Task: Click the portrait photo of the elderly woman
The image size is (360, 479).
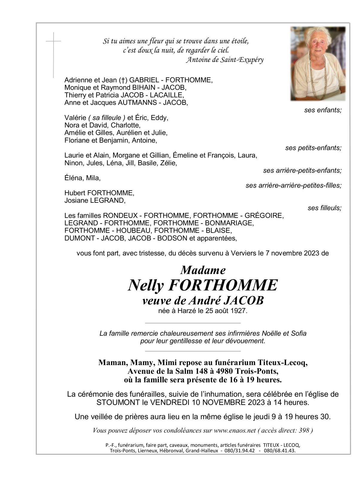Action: click(318, 63)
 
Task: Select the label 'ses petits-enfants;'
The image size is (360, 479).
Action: click(313, 148)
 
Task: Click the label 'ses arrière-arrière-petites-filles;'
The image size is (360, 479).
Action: click(293, 185)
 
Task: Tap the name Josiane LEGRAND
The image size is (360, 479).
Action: click(95, 200)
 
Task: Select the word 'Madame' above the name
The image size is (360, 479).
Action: click(203, 270)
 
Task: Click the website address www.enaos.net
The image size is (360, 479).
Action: click(235, 431)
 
